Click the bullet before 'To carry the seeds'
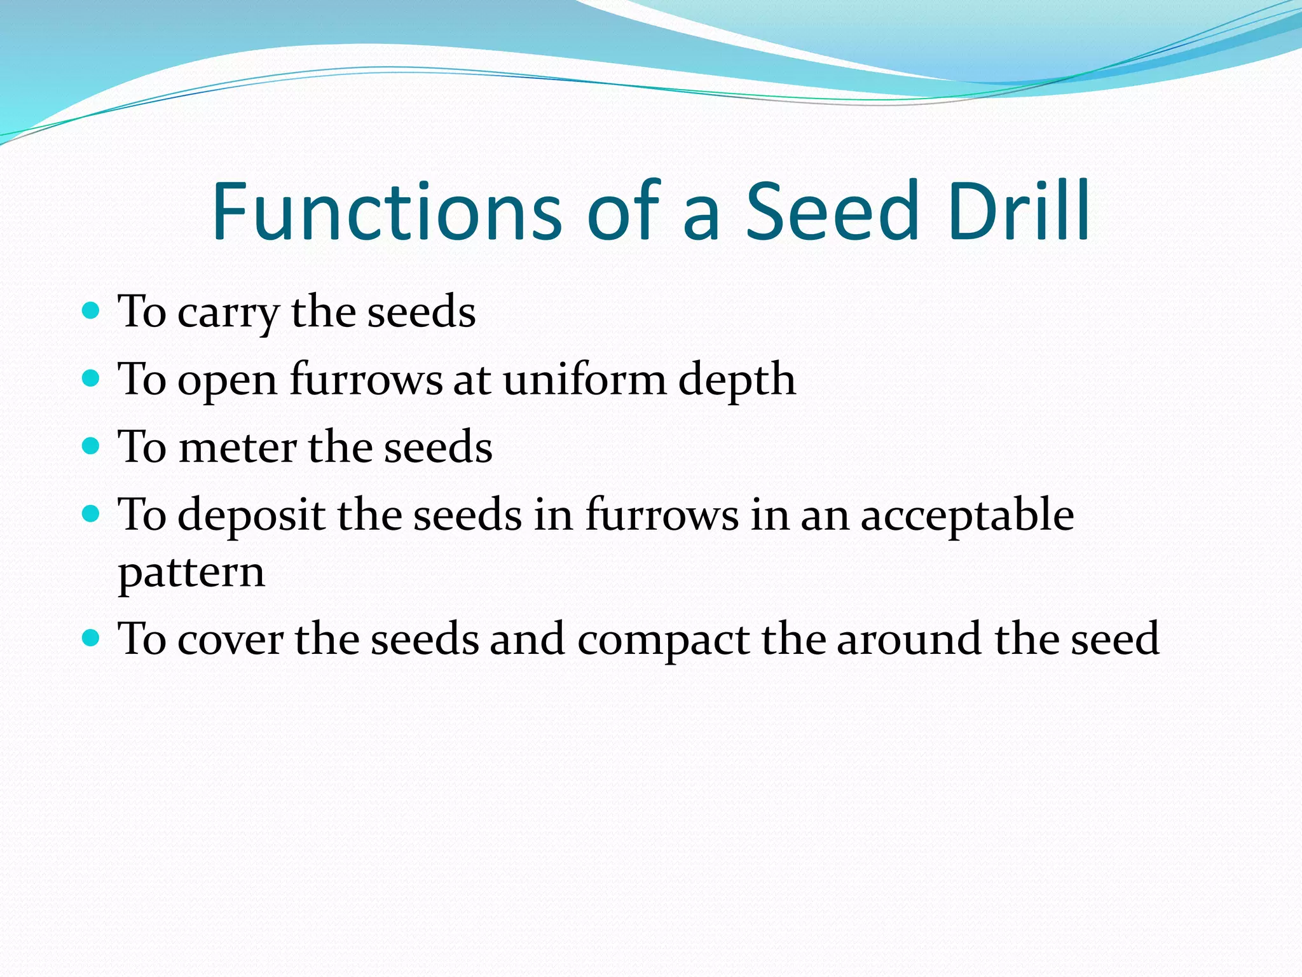point(92,310)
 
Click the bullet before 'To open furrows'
point(92,378)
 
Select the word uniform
point(584,380)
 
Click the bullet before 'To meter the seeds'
point(92,446)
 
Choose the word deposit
point(251,515)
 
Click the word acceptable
point(967,515)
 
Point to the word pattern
point(191,574)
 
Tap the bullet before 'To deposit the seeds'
point(92,513)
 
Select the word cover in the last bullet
point(230,639)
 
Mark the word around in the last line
point(909,639)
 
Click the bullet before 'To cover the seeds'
point(92,637)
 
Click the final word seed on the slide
point(1115,639)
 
